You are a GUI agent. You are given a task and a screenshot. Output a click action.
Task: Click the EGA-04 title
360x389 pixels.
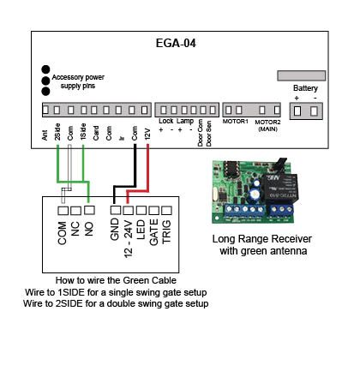176,44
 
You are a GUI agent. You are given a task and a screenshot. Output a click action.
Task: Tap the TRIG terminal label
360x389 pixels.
166,231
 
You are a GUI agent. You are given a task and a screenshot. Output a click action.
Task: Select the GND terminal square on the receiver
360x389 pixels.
116,210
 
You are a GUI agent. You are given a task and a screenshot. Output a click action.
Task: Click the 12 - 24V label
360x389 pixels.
129,239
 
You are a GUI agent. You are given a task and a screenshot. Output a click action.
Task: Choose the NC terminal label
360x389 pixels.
75,229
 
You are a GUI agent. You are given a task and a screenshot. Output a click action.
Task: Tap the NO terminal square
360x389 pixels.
89,210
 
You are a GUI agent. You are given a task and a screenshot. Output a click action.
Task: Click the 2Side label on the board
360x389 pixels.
57,132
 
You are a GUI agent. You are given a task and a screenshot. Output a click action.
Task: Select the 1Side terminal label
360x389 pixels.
83,132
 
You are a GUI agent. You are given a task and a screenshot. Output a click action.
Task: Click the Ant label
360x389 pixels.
45,135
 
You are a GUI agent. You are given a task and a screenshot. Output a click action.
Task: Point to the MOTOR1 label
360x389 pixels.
236,122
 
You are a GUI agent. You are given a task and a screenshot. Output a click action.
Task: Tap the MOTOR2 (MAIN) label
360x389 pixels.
267,125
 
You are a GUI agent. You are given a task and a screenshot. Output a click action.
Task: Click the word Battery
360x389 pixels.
305,88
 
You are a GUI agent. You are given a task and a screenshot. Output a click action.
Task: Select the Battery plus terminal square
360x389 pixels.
297,111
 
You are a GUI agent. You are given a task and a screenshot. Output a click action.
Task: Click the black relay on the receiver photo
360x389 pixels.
279,188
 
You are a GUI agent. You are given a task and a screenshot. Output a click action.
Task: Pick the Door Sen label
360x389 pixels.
209,134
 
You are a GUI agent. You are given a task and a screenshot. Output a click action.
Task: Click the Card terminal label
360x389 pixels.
96,133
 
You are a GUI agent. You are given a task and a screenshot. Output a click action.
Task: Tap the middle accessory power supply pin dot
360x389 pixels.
45,81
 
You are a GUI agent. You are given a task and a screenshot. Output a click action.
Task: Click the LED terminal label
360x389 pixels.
141,230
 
